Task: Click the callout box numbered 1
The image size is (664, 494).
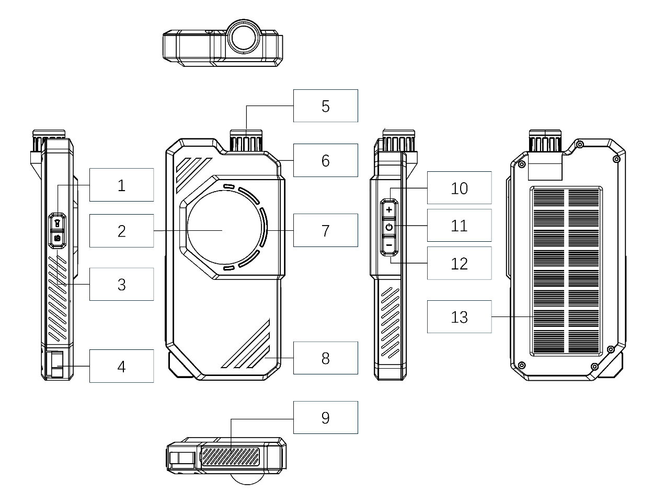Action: [x=121, y=185]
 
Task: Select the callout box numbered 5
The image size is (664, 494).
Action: [x=325, y=106]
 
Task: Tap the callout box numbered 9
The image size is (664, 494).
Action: [x=325, y=417]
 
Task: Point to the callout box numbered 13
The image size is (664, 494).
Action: [x=459, y=317]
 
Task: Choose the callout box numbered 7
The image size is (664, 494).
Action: [x=325, y=230]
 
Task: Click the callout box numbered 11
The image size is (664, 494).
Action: [x=459, y=226]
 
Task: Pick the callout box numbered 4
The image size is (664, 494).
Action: [x=121, y=366]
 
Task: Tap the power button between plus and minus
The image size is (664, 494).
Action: [x=388, y=227]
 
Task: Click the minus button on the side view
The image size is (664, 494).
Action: [x=388, y=244]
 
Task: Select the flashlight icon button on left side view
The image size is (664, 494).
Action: [x=57, y=222]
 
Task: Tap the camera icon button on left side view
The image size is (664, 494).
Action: [x=57, y=238]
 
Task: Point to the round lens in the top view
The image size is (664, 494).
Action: [x=244, y=37]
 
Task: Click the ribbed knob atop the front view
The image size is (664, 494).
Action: [x=245, y=143]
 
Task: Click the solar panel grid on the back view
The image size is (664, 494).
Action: [x=566, y=272]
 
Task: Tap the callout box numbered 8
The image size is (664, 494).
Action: [x=325, y=358]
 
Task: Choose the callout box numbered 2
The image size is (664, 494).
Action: [x=121, y=230]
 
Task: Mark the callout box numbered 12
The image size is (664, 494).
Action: [x=459, y=263]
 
